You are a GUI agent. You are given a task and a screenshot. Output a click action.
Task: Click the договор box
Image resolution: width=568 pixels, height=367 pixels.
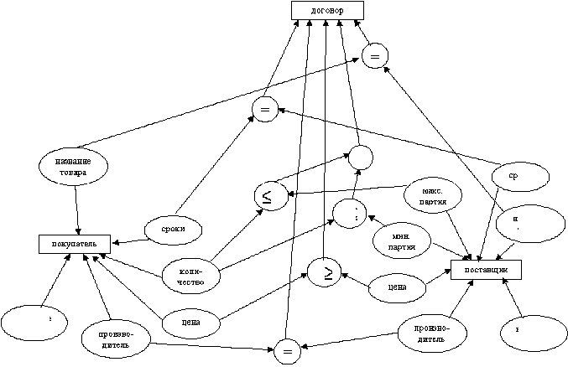click(x=328, y=10)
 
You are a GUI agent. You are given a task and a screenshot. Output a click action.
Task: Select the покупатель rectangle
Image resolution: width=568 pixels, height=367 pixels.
click(x=75, y=244)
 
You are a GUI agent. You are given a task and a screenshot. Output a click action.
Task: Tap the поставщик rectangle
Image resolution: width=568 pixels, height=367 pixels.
click(x=486, y=268)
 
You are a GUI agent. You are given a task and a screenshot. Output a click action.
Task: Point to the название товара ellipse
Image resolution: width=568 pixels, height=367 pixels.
click(x=76, y=165)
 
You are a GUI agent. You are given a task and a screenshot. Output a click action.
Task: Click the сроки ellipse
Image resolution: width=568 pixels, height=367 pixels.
click(x=175, y=227)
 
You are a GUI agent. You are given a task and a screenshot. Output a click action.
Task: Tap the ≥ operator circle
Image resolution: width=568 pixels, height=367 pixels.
click(x=323, y=271)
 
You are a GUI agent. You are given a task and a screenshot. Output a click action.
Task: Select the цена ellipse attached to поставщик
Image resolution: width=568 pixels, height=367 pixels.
click(x=399, y=287)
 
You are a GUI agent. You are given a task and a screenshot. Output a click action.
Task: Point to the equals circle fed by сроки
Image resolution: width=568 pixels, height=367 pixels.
click(x=264, y=110)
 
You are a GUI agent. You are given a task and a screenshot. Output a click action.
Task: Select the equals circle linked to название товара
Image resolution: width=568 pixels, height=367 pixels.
click(x=374, y=57)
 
